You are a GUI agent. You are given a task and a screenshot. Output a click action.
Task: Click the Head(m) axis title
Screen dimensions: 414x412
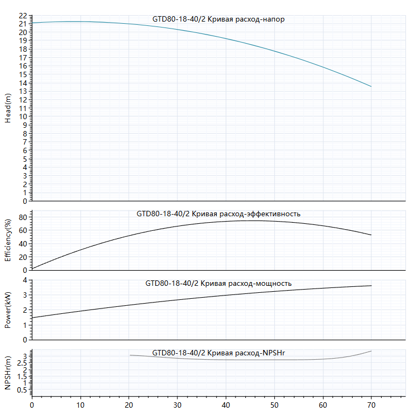pos(8,108)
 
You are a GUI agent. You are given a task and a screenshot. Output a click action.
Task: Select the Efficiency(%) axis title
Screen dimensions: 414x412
pos(8,241)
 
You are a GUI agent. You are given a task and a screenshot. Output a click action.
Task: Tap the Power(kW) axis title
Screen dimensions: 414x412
pos(8,310)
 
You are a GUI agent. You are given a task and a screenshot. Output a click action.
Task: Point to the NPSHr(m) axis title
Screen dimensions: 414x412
pos(8,373)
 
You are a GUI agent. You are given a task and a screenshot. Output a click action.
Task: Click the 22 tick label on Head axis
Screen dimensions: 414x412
pos(23,16)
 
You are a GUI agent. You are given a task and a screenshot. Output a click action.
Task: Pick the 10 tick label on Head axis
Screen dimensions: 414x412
pos(23,116)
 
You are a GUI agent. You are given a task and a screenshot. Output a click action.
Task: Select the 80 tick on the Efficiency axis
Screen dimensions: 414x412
pos(23,217)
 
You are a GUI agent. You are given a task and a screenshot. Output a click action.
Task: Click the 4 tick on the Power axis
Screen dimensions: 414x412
pos(25,280)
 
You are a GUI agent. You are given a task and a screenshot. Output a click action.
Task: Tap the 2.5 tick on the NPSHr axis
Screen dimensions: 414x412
pos(22,363)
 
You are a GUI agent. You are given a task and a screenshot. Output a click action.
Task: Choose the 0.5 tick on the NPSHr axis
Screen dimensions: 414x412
pos(22,390)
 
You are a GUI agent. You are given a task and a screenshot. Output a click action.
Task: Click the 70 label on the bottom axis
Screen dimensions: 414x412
pos(371,405)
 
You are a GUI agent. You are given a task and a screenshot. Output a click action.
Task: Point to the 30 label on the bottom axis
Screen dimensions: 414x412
pos(177,405)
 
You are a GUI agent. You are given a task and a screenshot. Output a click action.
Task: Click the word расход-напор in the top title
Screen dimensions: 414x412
pos(260,19)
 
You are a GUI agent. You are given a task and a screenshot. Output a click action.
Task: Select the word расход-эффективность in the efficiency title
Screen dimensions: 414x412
pos(260,214)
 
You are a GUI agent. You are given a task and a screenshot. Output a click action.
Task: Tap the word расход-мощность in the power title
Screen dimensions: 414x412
pos(260,284)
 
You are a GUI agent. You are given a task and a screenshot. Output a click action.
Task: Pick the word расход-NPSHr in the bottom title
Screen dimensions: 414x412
pos(260,353)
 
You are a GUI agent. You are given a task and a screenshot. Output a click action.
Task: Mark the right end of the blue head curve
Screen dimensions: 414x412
pos(371,87)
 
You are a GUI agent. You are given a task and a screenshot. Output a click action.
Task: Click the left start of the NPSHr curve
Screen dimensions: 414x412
pos(130,355)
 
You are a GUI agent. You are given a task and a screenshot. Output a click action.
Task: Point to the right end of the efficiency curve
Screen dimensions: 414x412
pos(371,235)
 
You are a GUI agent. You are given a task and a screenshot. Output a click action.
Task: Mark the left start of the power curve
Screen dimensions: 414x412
pos(32,318)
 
